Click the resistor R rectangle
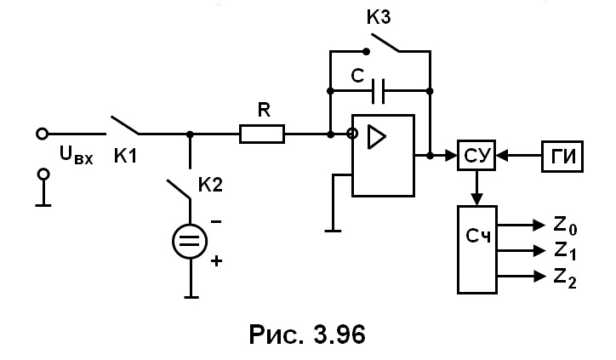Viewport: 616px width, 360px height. coord(262,134)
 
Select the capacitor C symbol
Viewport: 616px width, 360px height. coord(378,91)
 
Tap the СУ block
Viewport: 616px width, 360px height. coord(476,155)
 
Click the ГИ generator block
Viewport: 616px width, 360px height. coord(562,157)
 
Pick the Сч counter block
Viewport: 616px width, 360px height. coord(477,249)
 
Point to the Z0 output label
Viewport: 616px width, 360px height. coord(565,226)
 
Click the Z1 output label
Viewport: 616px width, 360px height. coord(565,252)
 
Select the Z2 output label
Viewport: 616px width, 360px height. coord(565,278)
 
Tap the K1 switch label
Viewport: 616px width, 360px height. coord(125,156)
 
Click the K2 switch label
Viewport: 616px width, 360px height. coord(210,185)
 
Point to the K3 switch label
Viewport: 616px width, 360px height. coord(379,17)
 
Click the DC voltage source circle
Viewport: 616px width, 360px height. coord(190,242)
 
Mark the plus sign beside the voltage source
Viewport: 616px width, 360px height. coord(216,260)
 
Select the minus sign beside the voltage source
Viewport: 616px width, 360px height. coord(216,221)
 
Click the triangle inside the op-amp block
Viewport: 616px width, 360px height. coord(376,137)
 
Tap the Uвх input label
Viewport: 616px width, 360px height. coord(77,154)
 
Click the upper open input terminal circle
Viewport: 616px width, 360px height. coord(42,134)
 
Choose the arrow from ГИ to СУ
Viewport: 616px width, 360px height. coord(518,156)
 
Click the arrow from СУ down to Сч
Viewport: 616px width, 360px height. coord(477,188)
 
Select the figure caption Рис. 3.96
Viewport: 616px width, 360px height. coord(307,334)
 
